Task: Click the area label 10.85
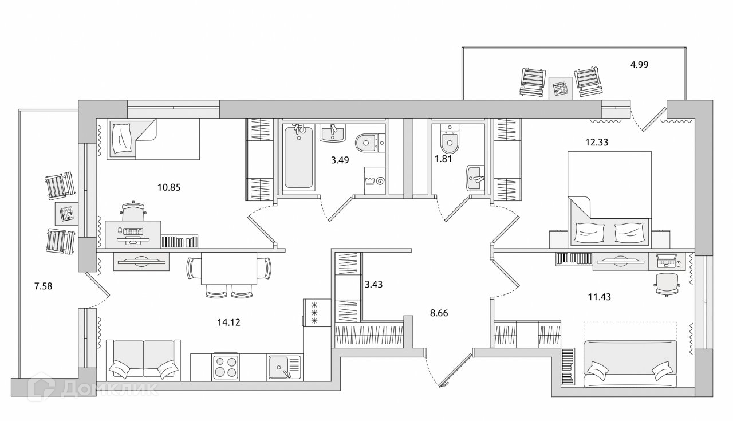[168, 187]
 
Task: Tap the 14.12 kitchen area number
[228, 322]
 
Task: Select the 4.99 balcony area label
[639, 65]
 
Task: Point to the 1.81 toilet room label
[444, 159]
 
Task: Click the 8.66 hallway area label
[439, 313]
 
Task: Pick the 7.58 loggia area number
[44, 286]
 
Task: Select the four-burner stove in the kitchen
[225, 366]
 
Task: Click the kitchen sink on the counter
[283, 367]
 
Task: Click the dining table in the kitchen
[228, 269]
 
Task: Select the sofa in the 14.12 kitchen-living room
[143, 359]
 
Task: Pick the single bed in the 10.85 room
[152, 139]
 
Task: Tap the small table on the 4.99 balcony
[559, 88]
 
